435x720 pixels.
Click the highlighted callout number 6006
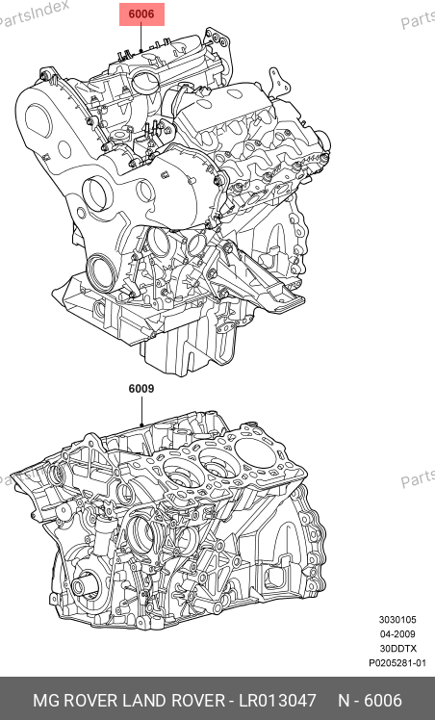pyautogui.click(x=141, y=14)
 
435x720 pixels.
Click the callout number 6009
pyautogui.click(x=141, y=389)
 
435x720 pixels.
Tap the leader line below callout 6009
pyautogui.click(x=141, y=411)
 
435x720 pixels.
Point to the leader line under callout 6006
pyautogui.click(x=141, y=38)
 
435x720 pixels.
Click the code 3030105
pyautogui.click(x=397, y=620)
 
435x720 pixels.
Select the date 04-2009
pyautogui.click(x=397, y=634)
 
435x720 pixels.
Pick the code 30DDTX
pyautogui.click(x=397, y=649)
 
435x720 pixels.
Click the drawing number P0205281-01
pyautogui.click(x=397, y=663)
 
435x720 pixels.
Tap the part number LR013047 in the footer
pyautogui.click(x=277, y=701)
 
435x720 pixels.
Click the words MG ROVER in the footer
pyautogui.click(x=75, y=701)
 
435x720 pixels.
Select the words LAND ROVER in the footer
pyautogui.click(x=173, y=701)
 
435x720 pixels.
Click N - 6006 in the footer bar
pyautogui.click(x=370, y=701)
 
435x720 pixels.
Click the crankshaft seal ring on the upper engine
pyautogui.click(x=99, y=273)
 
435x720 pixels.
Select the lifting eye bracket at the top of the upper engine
pyautogui.click(x=218, y=43)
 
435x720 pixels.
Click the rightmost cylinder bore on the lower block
pyautogui.click(x=251, y=452)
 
